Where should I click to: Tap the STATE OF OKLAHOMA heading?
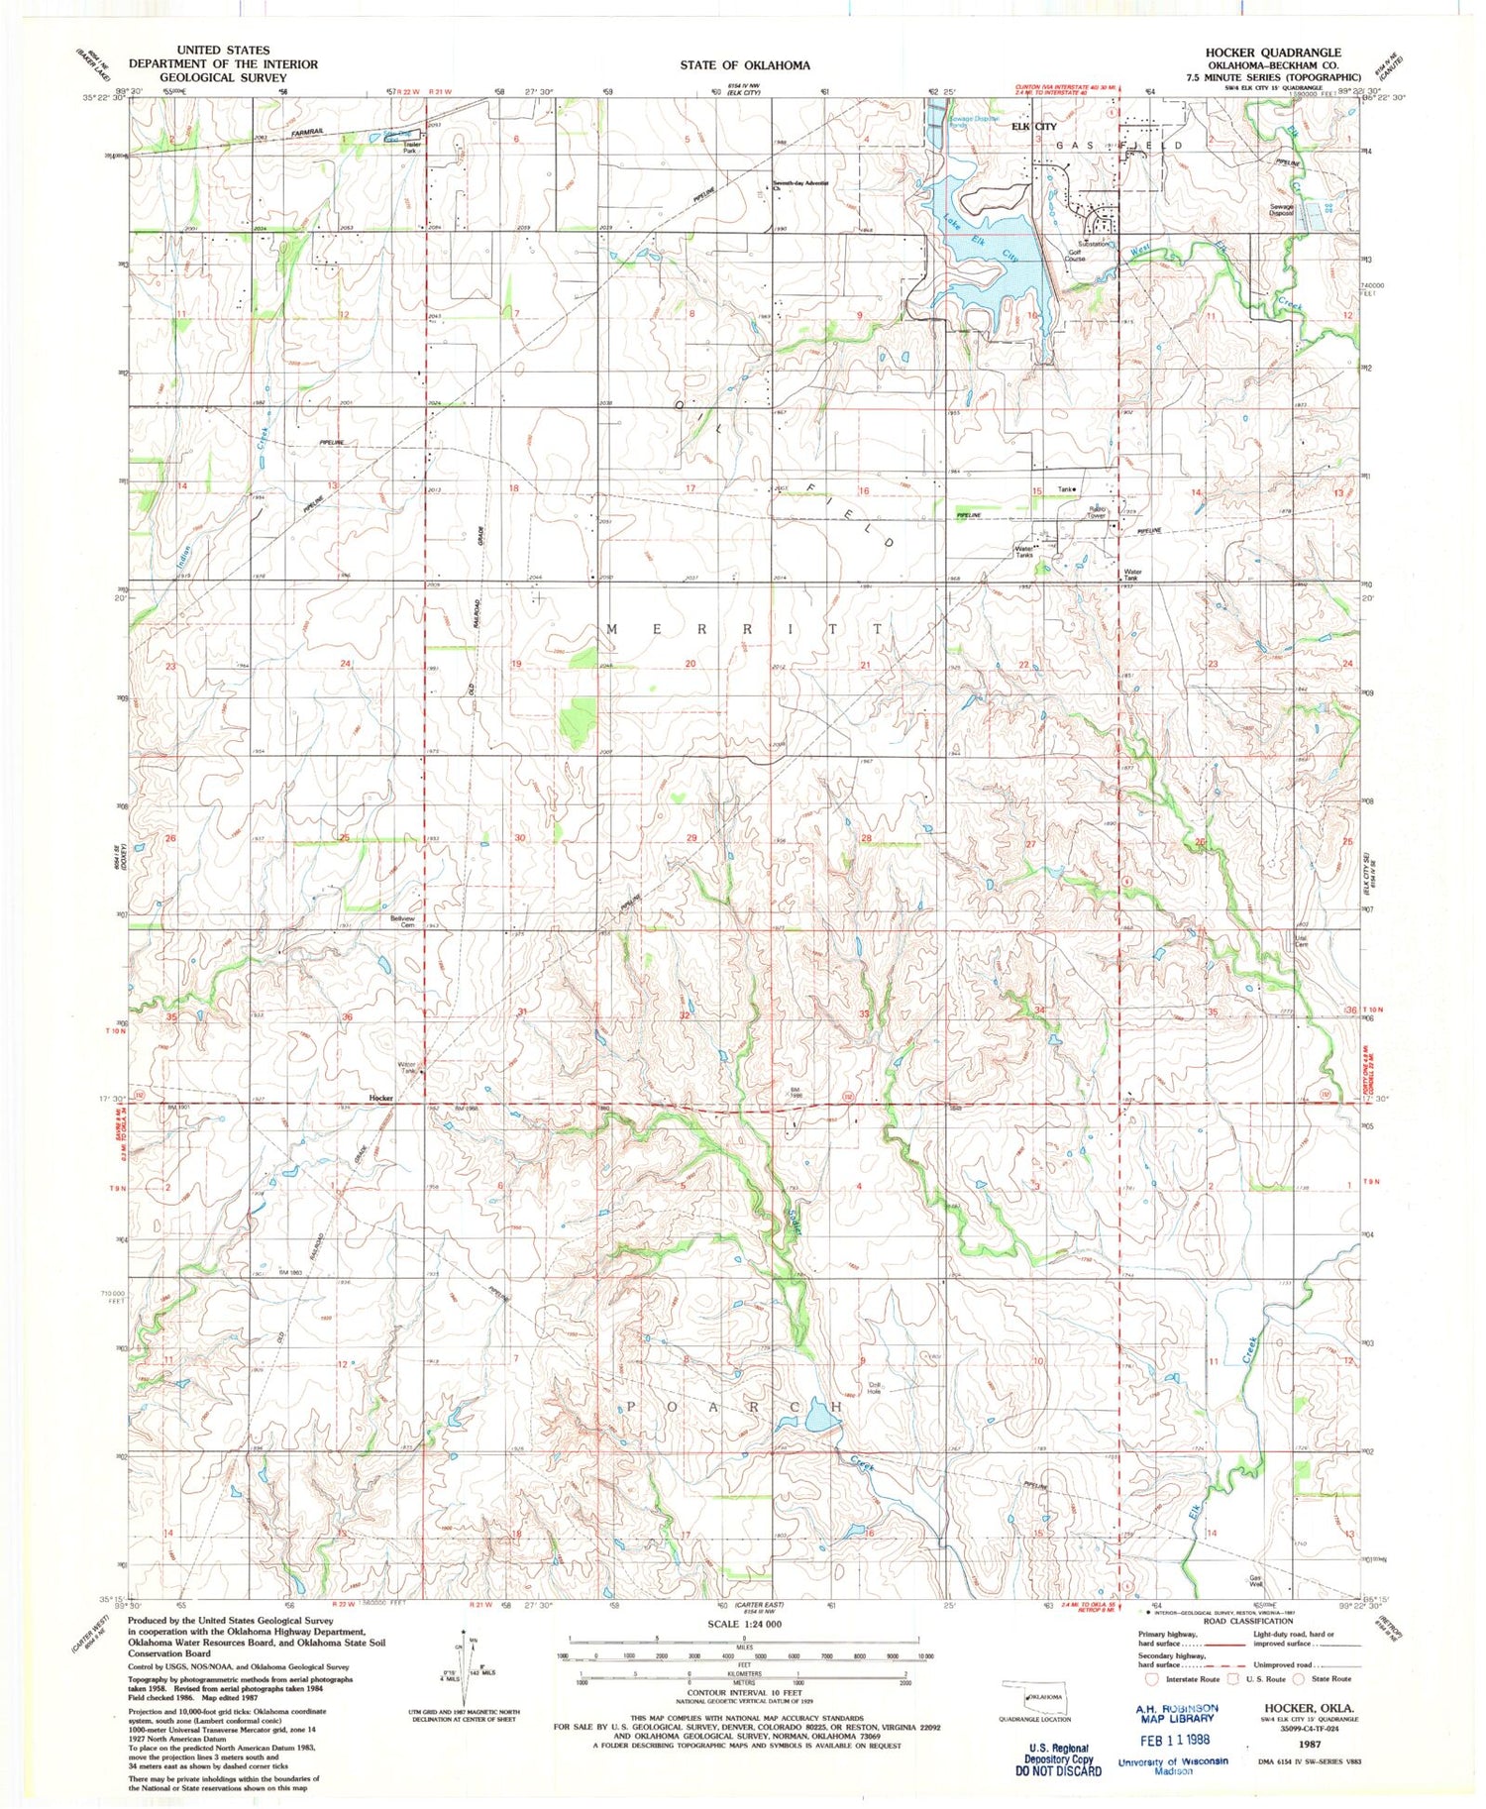[x=744, y=65]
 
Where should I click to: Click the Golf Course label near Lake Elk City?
[x=1074, y=256]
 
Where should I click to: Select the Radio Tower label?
[x=1096, y=512]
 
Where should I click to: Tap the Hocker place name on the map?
[x=380, y=1098]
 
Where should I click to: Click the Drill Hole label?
[x=875, y=1388]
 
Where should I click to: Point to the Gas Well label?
[x=1256, y=1580]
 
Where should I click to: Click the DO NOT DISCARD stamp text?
[x=1063, y=1770]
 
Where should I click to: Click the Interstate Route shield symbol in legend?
[x=1151, y=1679]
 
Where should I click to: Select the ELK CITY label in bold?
[x=1033, y=127]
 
